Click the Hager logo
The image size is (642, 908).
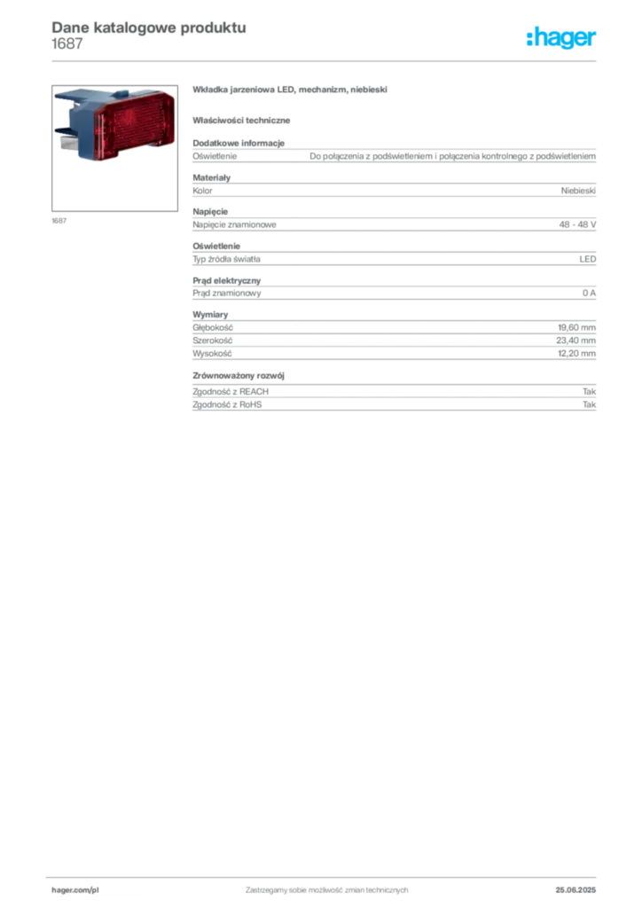pyautogui.click(x=560, y=38)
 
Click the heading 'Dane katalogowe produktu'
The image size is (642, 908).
pyautogui.click(x=149, y=27)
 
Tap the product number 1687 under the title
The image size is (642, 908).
pyautogui.click(x=67, y=44)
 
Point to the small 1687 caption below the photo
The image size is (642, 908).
pyautogui.click(x=59, y=221)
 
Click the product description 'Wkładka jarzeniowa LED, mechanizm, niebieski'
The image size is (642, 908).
pyautogui.click(x=289, y=90)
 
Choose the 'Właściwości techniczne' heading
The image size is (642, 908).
pyautogui.click(x=241, y=121)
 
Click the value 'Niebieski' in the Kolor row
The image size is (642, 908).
pyautogui.click(x=578, y=191)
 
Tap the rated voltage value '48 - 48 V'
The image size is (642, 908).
pyautogui.click(x=577, y=224)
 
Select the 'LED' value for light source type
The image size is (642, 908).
pyautogui.click(x=588, y=259)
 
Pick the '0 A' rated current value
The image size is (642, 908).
pyautogui.click(x=589, y=293)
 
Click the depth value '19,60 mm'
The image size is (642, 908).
pyautogui.click(x=576, y=328)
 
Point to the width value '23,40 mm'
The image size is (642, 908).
pyautogui.click(x=576, y=340)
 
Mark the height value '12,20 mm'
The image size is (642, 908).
pyautogui.click(x=576, y=353)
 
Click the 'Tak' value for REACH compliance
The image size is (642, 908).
pyautogui.click(x=589, y=391)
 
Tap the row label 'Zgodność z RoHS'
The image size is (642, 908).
pyautogui.click(x=227, y=404)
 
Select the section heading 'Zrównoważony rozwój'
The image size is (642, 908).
pyautogui.click(x=239, y=376)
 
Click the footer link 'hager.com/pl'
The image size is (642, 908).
pyautogui.click(x=75, y=890)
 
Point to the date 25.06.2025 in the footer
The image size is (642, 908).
pyautogui.click(x=575, y=890)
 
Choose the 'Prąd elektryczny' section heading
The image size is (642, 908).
pyautogui.click(x=226, y=280)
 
